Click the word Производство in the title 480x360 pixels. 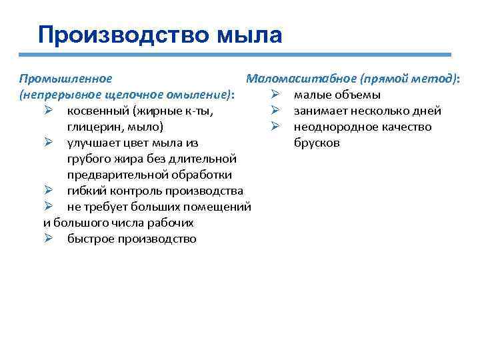coord(124,34)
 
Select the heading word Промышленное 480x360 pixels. coord(61,79)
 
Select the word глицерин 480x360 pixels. coord(92,127)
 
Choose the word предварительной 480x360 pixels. coord(113,175)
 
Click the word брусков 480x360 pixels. coord(317,143)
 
